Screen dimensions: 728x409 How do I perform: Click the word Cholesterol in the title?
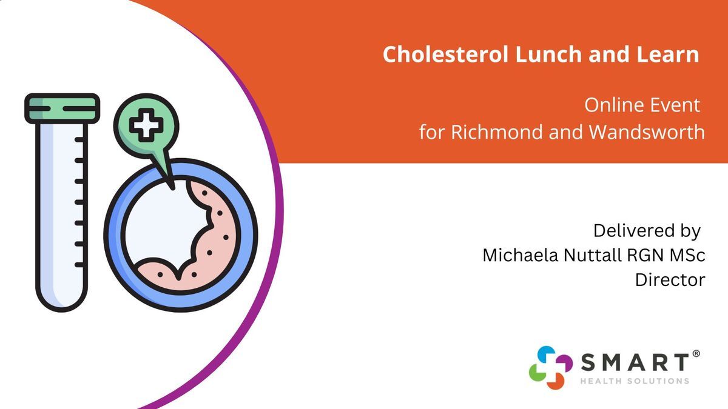tap(445, 54)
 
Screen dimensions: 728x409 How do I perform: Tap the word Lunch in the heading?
tap(548, 54)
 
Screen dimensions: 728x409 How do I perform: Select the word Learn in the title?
tap(668, 54)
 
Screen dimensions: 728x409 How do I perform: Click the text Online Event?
tap(642, 105)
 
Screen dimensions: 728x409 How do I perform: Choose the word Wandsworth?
tap(647, 132)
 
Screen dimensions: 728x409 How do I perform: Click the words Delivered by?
tap(647, 231)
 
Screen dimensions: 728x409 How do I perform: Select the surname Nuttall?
tap(593, 255)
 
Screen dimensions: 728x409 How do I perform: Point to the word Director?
tap(670, 280)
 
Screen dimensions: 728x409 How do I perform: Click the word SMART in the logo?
tap(635, 362)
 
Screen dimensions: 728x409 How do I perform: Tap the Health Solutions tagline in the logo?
tap(635, 381)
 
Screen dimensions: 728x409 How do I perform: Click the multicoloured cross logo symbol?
tap(551, 367)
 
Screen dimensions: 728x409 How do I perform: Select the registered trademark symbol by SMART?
tap(696, 354)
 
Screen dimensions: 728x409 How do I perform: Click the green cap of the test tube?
tap(62, 108)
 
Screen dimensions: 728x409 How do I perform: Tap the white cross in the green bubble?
tap(146, 125)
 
